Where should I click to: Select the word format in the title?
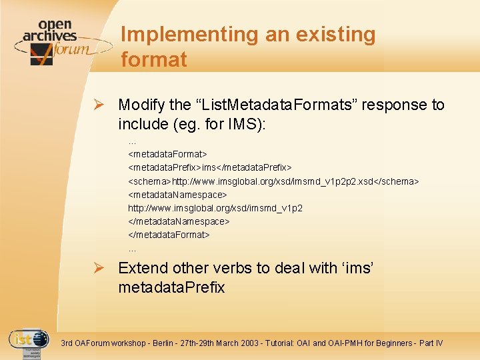(x=154, y=59)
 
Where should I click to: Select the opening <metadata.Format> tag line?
(x=167, y=154)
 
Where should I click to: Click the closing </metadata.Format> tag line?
(x=169, y=235)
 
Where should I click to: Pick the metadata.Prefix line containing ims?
(x=210, y=167)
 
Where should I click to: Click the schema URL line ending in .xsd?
(x=273, y=181)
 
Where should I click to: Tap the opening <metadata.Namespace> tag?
(x=177, y=195)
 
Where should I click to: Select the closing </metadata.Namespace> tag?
(x=179, y=221)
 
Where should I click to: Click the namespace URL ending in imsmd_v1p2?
(x=215, y=208)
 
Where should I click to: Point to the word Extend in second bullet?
(x=143, y=268)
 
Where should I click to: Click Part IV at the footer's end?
(x=430, y=343)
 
